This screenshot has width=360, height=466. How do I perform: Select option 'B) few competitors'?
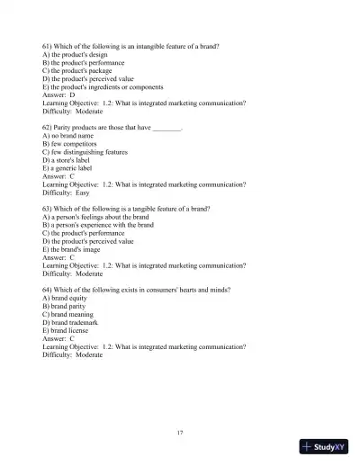(73, 144)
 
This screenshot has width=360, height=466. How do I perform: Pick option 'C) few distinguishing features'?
(89, 152)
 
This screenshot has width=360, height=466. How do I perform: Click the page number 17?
(180, 433)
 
